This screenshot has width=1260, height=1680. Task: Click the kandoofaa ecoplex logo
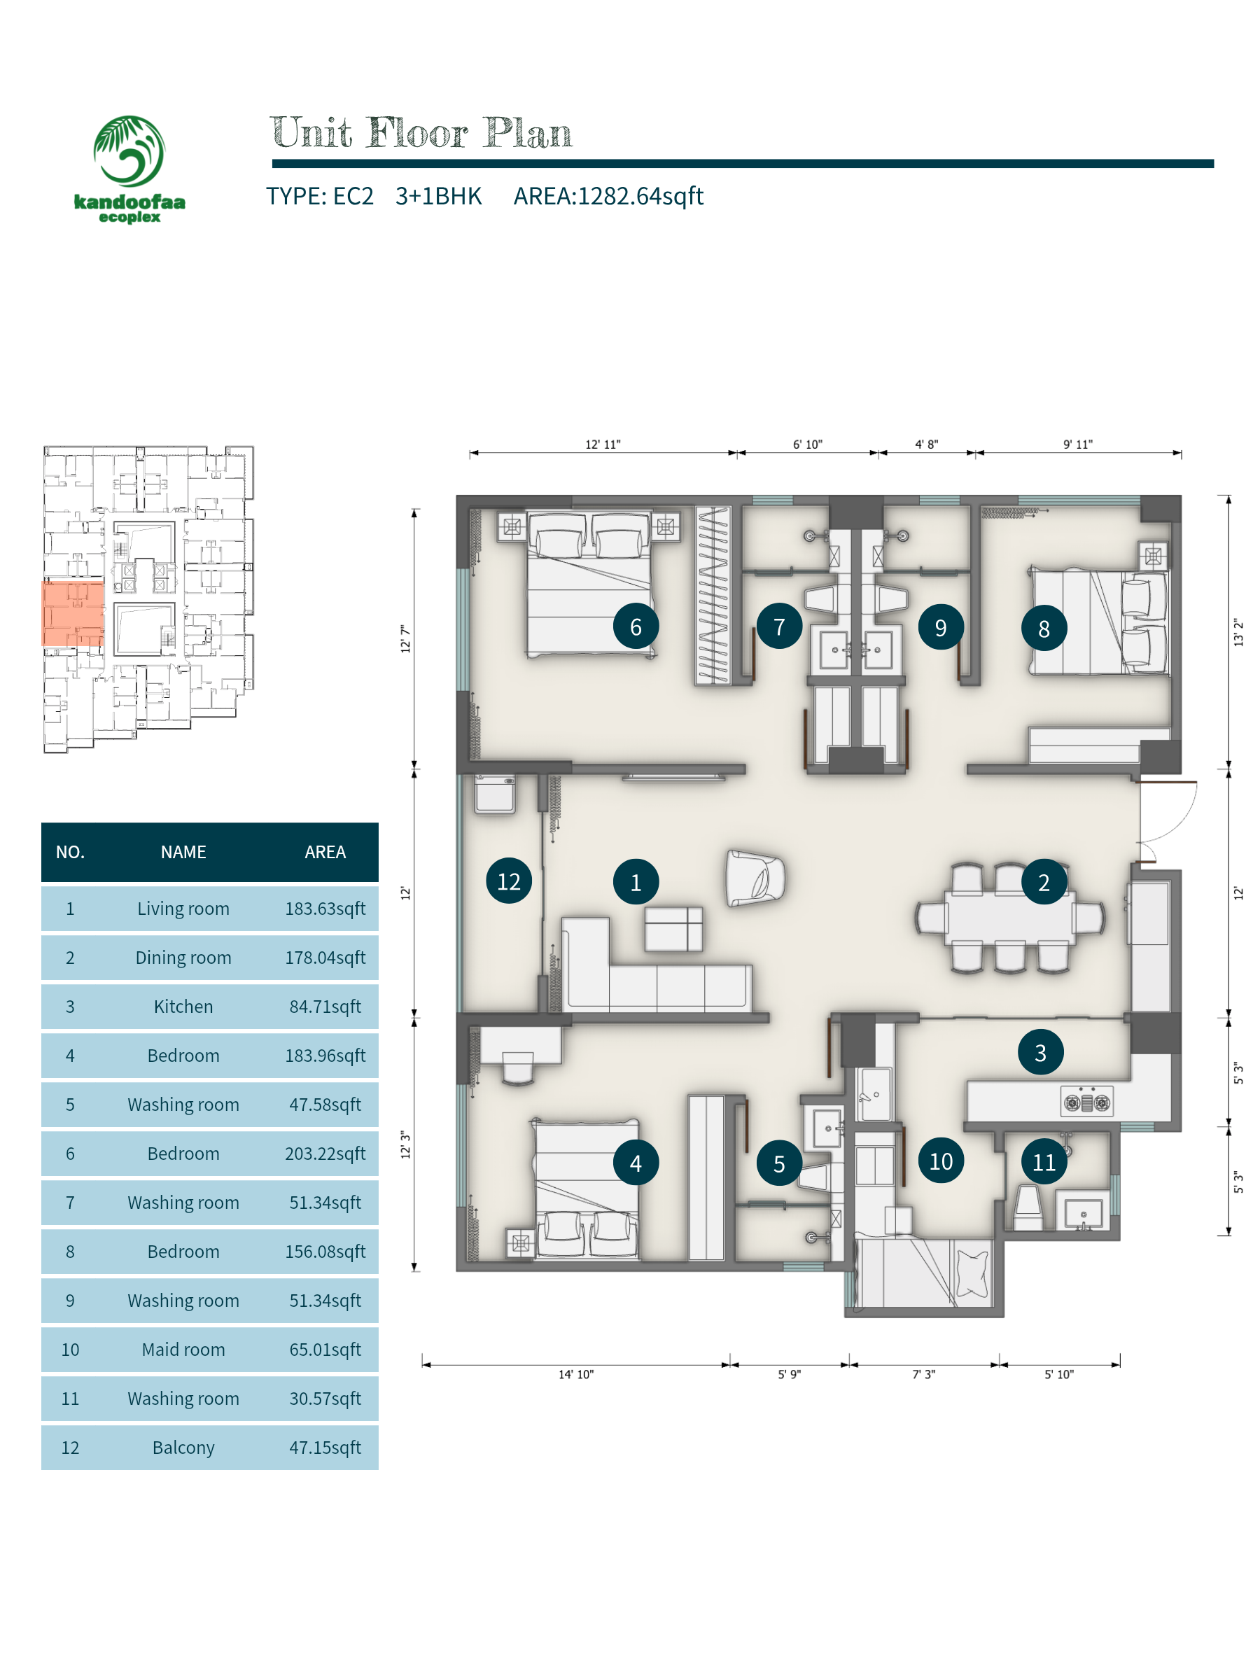(129, 168)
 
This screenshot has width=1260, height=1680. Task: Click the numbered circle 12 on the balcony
(508, 881)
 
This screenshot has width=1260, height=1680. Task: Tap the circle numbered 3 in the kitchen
(1039, 1052)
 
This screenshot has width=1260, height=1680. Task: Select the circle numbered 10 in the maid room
(940, 1161)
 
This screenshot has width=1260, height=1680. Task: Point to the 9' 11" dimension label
(1077, 444)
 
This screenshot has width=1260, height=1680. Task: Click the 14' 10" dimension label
(575, 1374)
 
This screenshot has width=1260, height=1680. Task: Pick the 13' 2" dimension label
(1238, 632)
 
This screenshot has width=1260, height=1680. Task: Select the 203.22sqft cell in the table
(325, 1153)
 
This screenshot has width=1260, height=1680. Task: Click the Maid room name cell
(183, 1349)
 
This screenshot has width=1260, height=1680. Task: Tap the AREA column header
(325, 851)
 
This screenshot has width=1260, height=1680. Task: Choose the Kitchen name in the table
(183, 1007)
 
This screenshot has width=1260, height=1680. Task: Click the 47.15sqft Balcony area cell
(325, 1447)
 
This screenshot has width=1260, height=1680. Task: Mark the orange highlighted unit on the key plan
(73, 614)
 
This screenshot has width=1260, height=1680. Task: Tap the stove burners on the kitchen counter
(1086, 1101)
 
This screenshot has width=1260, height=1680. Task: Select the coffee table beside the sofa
(673, 928)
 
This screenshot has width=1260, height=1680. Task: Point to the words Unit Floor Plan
(421, 133)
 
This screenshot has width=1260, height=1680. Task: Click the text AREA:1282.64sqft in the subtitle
(608, 196)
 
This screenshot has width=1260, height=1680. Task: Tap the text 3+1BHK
(438, 196)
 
